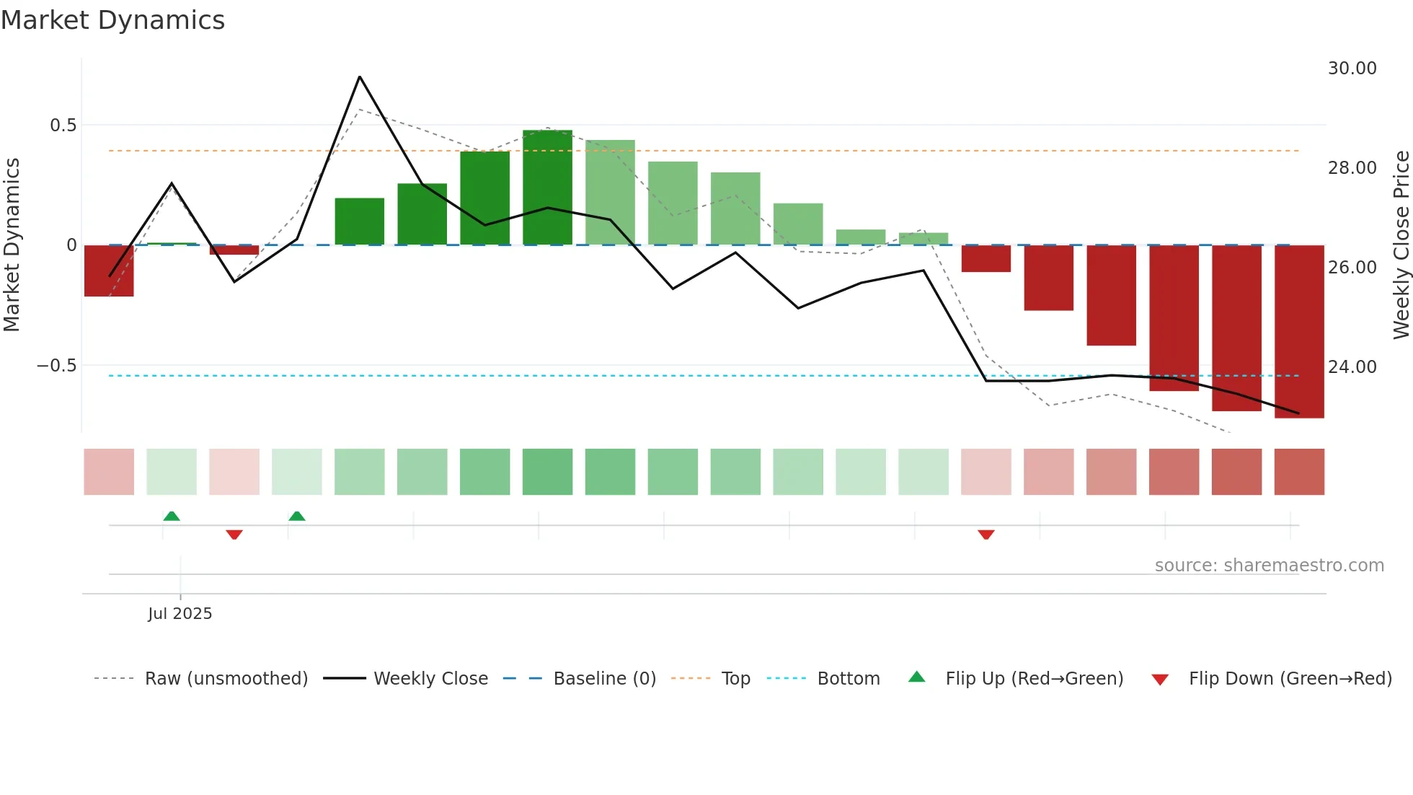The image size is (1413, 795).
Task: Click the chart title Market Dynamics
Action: click(112, 20)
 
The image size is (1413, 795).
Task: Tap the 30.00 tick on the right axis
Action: click(1352, 69)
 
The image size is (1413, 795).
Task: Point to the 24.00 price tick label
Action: click(1352, 367)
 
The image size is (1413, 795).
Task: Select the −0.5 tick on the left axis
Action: click(56, 366)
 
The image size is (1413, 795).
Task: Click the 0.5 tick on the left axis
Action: click(63, 126)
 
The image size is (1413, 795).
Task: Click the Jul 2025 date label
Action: click(180, 614)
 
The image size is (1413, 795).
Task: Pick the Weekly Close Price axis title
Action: click(1401, 245)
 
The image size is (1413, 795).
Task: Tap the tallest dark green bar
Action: click(547, 188)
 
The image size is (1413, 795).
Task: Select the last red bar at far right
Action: click(1299, 332)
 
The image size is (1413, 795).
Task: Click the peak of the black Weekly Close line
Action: click(360, 77)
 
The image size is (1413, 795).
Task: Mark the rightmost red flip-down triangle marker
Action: click(986, 535)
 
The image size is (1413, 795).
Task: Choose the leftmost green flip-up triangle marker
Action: click(172, 516)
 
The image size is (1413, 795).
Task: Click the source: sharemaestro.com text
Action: click(1269, 566)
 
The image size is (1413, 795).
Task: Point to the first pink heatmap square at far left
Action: click(109, 472)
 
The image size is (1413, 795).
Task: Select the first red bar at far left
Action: click(109, 271)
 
